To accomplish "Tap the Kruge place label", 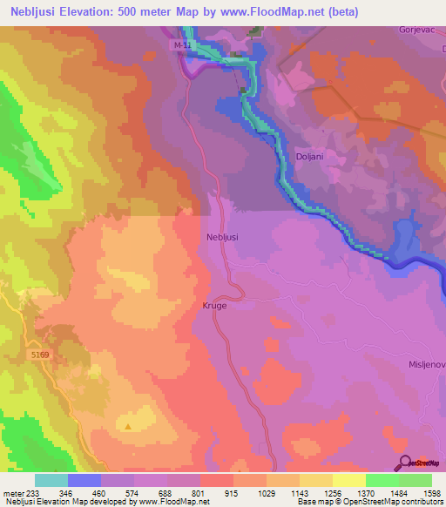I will (x=214, y=306).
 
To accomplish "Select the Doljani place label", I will (x=311, y=149).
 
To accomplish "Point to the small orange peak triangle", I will (x=129, y=427).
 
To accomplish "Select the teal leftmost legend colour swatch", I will (x=51, y=480).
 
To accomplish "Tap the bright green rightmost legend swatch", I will (x=416, y=480).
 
